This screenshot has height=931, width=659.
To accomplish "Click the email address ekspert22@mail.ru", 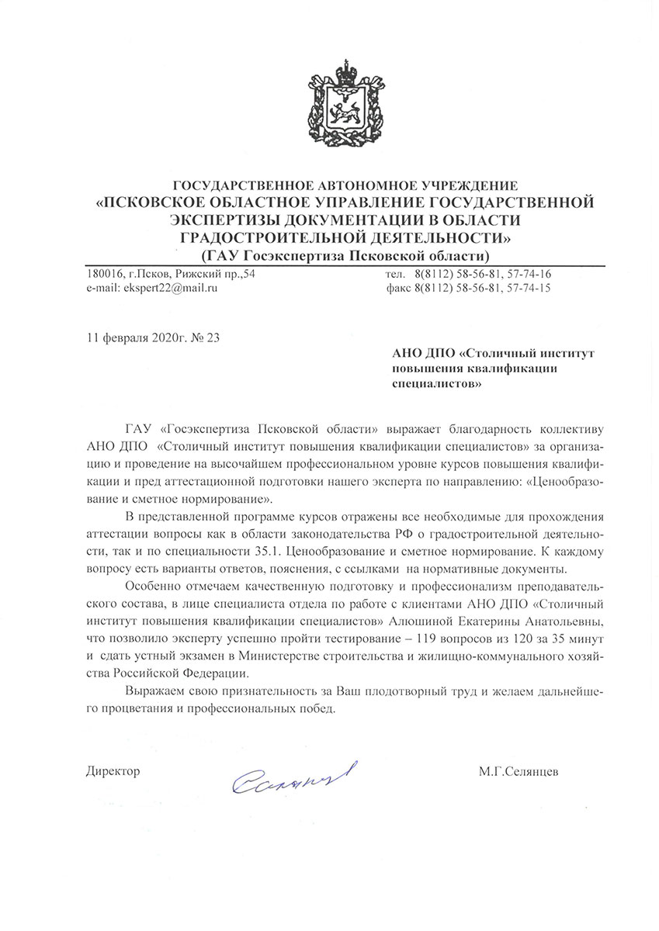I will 152,288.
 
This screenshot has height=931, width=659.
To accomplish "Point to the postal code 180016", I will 104,274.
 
